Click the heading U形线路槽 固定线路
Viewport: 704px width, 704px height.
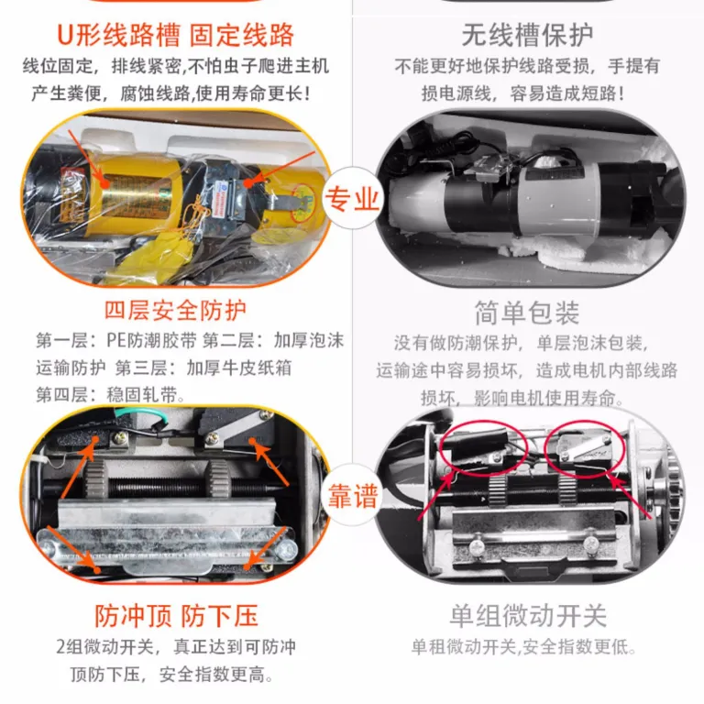click(x=176, y=35)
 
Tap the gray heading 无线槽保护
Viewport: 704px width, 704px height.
click(x=527, y=35)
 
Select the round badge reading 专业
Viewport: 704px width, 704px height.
click(x=352, y=198)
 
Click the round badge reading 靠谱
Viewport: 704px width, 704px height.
click(x=352, y=496)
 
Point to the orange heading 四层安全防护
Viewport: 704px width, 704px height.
click(x=176, y=310)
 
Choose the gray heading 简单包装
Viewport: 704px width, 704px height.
click(x=527, y=313)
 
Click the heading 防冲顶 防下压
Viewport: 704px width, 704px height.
click(x=176, y=615)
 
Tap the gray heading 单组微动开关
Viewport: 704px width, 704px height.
click(x=528, y=615)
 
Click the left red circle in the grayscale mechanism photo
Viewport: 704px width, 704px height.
click(x=483, y=448)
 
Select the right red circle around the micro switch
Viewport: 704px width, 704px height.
click(x=585, y=448)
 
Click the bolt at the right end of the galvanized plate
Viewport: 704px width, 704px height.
click(x=286, y=549)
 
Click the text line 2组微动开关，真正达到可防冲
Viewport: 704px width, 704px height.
click(x=176, y=647)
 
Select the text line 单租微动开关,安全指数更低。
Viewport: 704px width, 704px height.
click(x=523, y=647)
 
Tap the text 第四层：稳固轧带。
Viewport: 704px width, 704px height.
click(x=110, y=395)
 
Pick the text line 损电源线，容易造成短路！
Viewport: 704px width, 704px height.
click(x=523, y=93)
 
